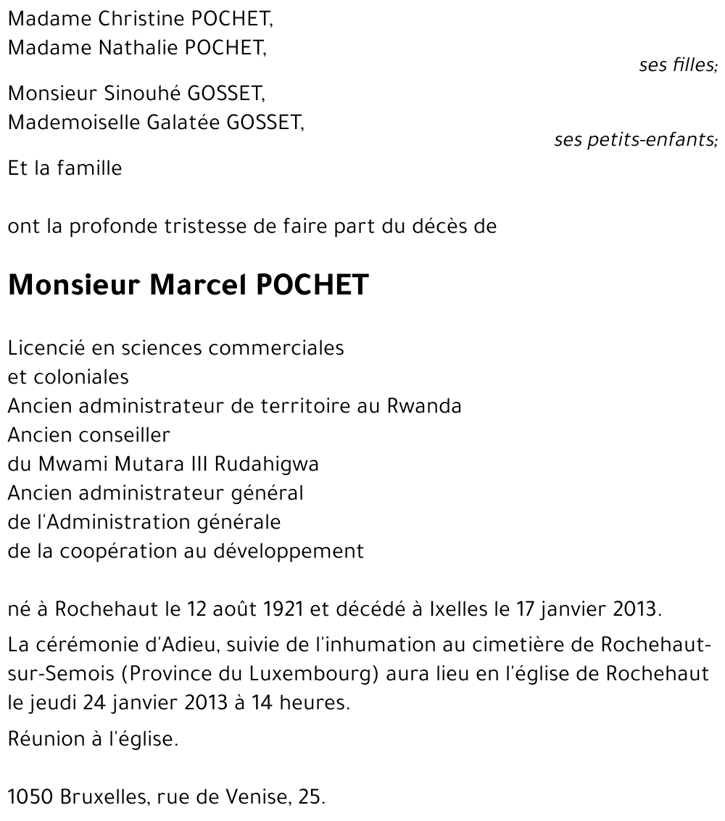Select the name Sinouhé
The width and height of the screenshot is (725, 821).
143,94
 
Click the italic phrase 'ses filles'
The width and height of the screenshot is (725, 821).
677,65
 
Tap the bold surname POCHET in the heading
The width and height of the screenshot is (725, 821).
312,286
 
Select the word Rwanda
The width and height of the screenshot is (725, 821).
425,405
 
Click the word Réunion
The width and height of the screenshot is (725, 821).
44,739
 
